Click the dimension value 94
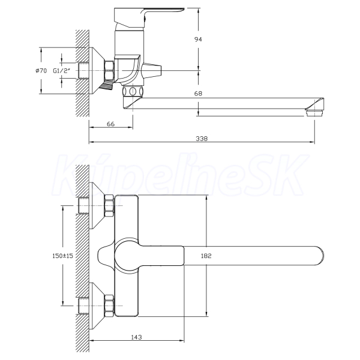(x=198, y=39)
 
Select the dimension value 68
(x=198, y=94)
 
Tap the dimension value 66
(x=110, y=124)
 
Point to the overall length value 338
(x=202, y=139)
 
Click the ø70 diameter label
(x=41, y=71)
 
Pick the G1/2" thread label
(x=61, y=71)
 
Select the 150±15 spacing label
(x=62, y=256)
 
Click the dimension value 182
(x=206, y=256)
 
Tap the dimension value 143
(x=136, y=337)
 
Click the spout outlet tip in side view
(x=314, y=112)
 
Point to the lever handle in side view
(x=149, y=16)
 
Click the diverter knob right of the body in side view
(x=152, y=70)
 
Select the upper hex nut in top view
(x=109, y=206)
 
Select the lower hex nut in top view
(x=109, y=305)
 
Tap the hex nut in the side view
(x=109, y=71)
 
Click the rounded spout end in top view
(x=320, y=256)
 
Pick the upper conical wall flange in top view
(x=97, y=206)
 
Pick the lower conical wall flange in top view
(x=97, y=306)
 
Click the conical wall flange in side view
(x=97, y=71)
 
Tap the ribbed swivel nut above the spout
(x=133, y=91)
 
